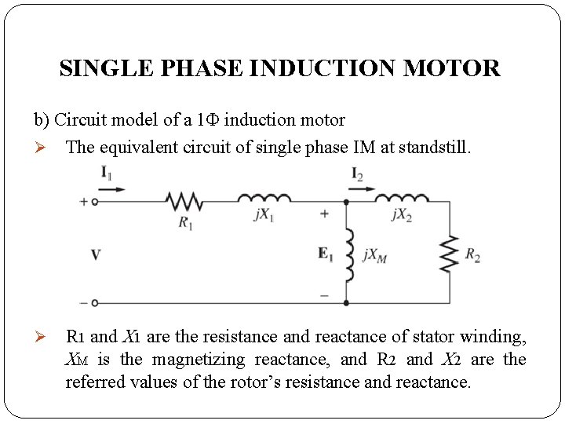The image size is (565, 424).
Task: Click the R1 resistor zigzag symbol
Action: click(185, 202)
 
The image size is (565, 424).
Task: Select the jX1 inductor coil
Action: click(264, 199)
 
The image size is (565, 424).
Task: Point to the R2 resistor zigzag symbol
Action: click(450, 254)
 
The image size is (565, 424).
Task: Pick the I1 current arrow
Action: click(111, 189)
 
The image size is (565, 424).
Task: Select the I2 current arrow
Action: click(363, 188)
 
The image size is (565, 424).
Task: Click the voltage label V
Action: click(96, 254)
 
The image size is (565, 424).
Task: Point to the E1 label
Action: click(326, 253)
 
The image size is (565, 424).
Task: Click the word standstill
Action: click(437, 147)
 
